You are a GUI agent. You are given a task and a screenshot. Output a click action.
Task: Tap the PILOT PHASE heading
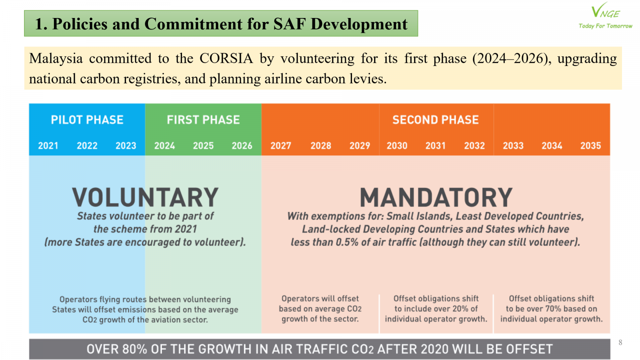tap(87, 120)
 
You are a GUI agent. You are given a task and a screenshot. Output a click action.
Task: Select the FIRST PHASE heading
tap(203, 120)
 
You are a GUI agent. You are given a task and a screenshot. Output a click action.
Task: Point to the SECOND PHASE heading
tap(436, 120)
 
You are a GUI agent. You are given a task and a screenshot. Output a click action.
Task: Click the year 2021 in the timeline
tap(48, 146)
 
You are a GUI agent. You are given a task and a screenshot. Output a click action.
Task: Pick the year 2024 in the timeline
tap(164, 146)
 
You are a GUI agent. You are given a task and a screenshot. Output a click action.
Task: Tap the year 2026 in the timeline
tap(242, 146)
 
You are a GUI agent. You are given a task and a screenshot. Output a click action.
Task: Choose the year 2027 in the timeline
tap(281, 146)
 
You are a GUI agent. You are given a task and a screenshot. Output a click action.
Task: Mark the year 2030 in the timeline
tap(397, 146)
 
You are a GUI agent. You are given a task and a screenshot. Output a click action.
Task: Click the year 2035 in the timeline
tap(590, 146)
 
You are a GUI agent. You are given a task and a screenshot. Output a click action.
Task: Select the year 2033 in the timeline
tap(513, 146)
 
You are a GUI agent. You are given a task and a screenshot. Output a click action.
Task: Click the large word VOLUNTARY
tap(145, 197)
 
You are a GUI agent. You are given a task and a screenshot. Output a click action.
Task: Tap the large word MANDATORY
tap(436, 197)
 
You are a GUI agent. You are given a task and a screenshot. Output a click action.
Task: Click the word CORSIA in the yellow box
tap(226, 58)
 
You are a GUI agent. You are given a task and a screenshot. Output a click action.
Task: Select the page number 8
tap(620, 342)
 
